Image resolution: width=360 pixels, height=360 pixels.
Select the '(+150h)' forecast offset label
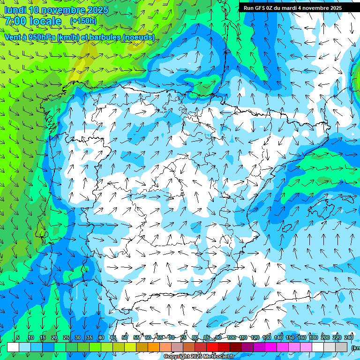click(83, 21)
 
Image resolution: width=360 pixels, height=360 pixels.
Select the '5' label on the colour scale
click(17, 337)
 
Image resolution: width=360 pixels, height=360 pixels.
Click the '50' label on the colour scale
click(125, 337)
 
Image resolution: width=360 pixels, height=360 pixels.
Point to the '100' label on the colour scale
click(232, 337)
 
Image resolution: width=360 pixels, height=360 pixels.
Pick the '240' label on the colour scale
click(349, 337)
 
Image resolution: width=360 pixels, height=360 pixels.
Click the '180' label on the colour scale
click(313, 337)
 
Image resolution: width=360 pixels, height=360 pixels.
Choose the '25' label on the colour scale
click(66, 337)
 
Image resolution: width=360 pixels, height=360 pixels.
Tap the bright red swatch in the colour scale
click(212, 347)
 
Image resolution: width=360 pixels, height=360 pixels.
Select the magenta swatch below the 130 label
click(271, 347)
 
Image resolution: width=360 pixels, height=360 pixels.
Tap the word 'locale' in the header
click(48, 21)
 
